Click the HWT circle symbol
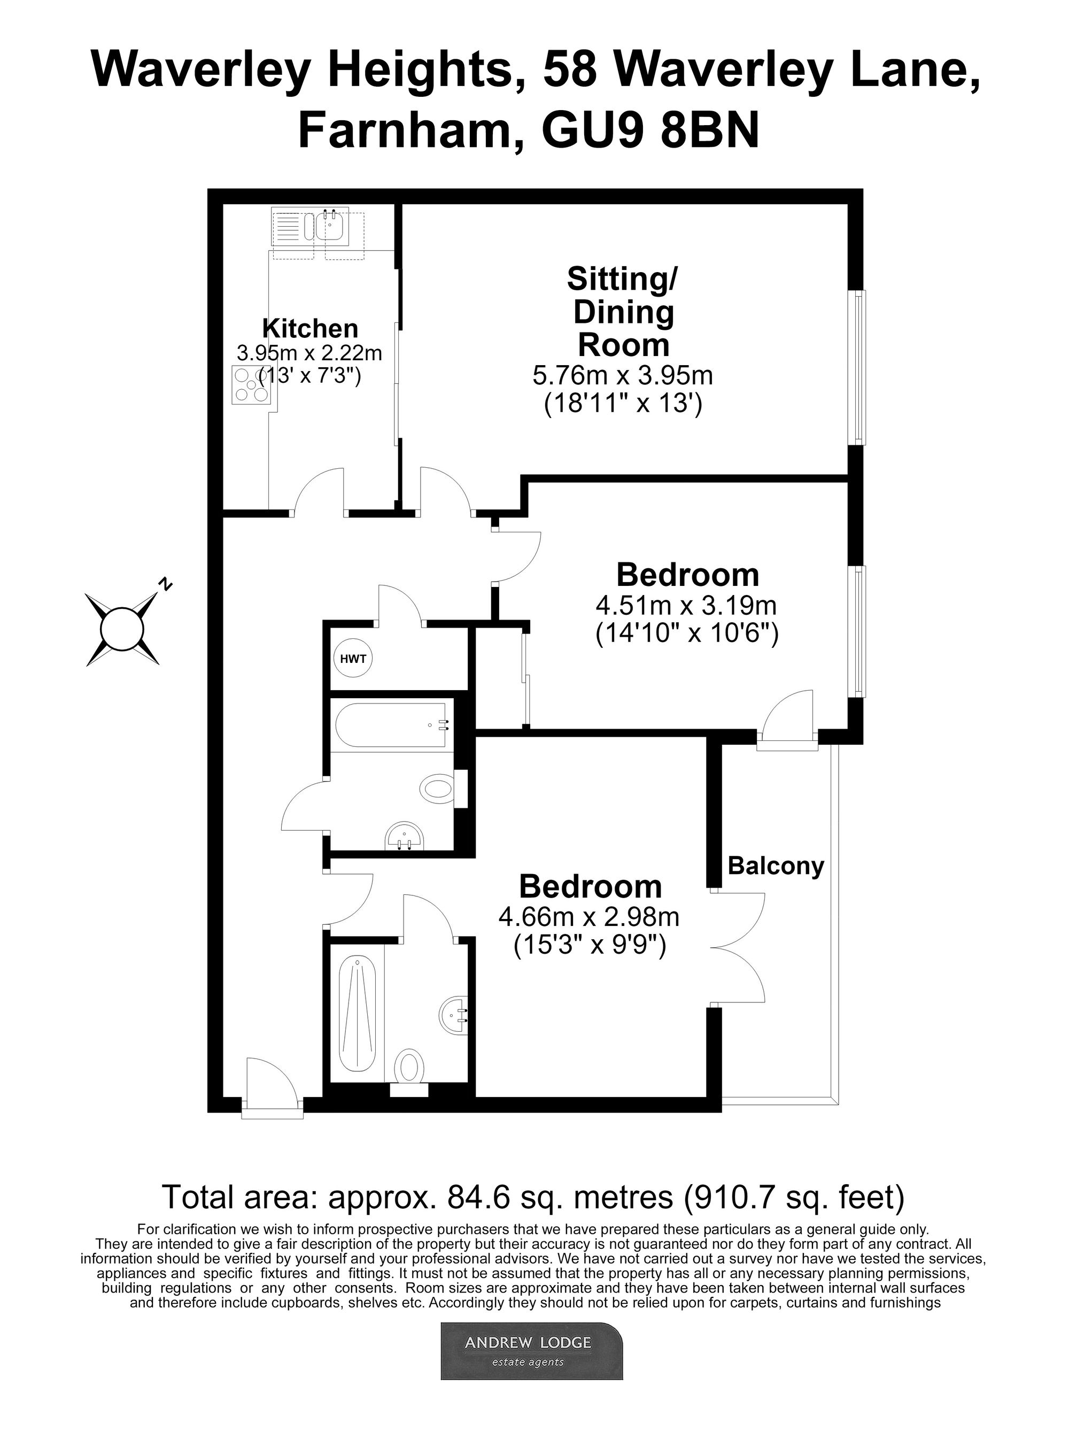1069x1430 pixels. click(353, 659)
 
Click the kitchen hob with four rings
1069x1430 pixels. click(251, 386)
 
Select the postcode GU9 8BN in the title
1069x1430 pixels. click(651, 130)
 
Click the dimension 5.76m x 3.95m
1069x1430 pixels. click(622, 375)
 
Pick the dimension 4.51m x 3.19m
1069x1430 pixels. click(686, 606)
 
